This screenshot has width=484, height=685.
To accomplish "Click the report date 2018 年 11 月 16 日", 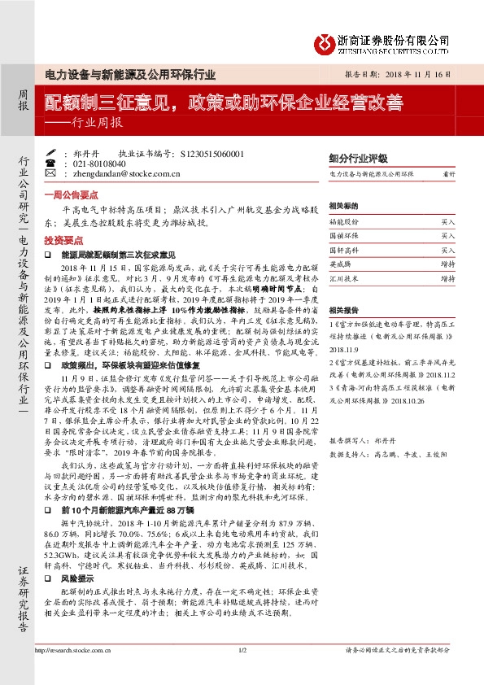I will (x=409, y=73).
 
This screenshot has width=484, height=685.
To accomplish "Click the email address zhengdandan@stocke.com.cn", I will (x=114, y=172).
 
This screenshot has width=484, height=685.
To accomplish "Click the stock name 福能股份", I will (x=343, y=220).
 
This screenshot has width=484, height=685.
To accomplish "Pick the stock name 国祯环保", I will (x=343, y=235).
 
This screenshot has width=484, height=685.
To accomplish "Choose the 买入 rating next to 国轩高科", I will (x=448, y=250).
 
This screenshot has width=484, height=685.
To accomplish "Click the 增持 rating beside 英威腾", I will (x=448, y=264).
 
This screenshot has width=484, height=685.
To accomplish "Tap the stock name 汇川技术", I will (x=343, y=278).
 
